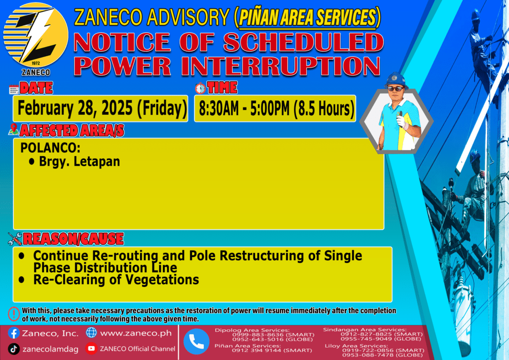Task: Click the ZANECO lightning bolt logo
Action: pyautogui.click(x=36, y=35)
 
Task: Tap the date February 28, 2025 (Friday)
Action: pyautogui.click(x=102, y=108)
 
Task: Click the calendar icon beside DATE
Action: pyautogui.click(x=13, y=90)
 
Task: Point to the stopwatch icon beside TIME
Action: pyautogui.click(x=200, y=89)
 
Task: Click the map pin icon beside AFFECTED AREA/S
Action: pyautogui.click(x=13, y=129)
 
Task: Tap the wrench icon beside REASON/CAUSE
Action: pyautogui.click(x=15, y=239)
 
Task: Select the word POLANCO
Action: pyautogui.click(x=50, y=148)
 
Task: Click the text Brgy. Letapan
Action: pyautogui.click(x=80, y=162)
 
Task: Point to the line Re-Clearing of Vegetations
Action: pyautogui.click(x=116, y=280)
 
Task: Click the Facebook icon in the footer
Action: pyautogui.click(x=13, y=333)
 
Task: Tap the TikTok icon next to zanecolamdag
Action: pyautogui.click(x=13, y=349)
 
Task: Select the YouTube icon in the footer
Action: pyautogui.click(x=91, y=348)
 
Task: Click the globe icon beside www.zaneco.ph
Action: pyautogui.click(x=91, y=333)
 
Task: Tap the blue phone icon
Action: pyautogui.click(x=196, y=342)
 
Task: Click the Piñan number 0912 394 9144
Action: pyautogui.click(x=256, y=350)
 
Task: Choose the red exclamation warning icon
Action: pyautogui.click(x=13, y=314)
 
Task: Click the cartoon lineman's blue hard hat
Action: pyautogui.click(x=395, y=80)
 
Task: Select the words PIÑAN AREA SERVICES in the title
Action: pyautogui.click(x=307, y=17)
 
